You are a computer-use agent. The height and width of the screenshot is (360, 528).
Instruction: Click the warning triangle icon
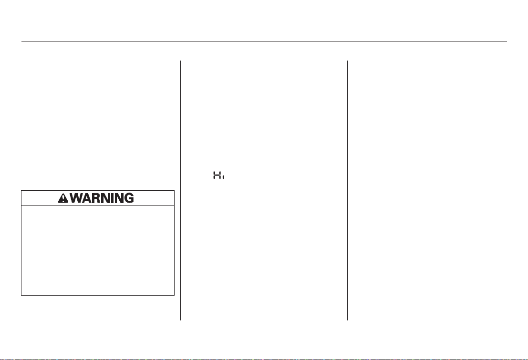[x=63, y=198]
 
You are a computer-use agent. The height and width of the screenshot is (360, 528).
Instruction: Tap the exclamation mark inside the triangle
[x=63, y=199]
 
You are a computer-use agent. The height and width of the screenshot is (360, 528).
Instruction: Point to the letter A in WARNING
[x=89, y=198]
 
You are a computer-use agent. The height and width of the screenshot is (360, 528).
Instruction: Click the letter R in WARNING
[x=98, y=198]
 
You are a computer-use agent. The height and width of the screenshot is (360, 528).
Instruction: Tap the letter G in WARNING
[x=129, y=198]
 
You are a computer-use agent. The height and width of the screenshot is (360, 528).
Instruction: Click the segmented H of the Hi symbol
[x=217, y=175]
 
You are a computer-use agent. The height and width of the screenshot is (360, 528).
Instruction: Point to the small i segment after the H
[x=223, y=176]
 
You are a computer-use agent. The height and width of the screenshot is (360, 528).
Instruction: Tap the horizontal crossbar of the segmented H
[x=217, y=175]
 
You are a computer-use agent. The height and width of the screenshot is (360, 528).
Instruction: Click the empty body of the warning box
[x=98, y=250]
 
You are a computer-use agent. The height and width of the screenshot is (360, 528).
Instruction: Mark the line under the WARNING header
[x=98, y=205]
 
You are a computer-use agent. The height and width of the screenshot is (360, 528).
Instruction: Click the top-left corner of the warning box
[x=21, y=191]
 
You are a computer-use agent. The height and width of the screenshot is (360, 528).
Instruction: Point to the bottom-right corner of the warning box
[x=174, y=295]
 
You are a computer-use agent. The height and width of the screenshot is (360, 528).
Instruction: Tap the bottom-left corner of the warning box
[x=21, y=295]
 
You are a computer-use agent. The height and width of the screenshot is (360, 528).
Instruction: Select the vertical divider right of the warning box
[x=180, y=190]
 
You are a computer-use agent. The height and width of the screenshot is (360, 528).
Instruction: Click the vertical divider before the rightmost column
[x=347, y=190]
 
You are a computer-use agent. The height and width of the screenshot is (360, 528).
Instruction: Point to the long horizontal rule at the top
[x=264, y=41]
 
